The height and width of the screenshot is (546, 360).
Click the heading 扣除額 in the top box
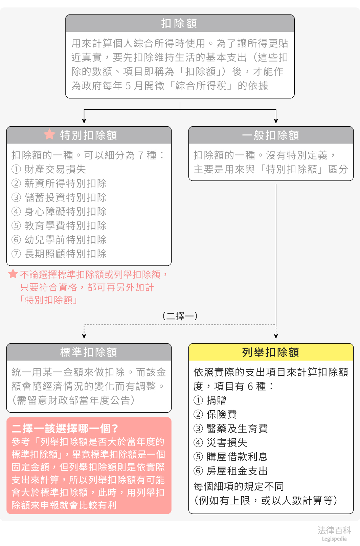click(179, 23)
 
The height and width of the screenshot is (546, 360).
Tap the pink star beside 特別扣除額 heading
click(49, 135)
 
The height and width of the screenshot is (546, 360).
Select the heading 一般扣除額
click(271, 135)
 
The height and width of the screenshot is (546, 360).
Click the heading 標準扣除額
click(89, 352)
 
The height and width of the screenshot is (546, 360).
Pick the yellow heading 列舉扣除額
click(271, 352)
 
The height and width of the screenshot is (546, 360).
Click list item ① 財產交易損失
click(49, 169)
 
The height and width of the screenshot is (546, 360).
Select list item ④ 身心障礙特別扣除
click(59, 211)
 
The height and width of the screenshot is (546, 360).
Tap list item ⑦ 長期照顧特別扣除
click(59, 254)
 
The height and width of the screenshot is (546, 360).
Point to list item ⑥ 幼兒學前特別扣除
click(59, 240)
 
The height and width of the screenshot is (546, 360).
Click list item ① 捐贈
click(210, 400)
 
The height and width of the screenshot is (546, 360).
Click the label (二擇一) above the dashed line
click(180, 316)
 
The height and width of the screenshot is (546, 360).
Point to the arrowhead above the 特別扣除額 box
click(84, 121)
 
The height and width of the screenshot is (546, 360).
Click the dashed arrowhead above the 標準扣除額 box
click(84, 336)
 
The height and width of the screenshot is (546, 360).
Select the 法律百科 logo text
click(334, 530)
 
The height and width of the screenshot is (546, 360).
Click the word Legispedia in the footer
click(334, 539)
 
